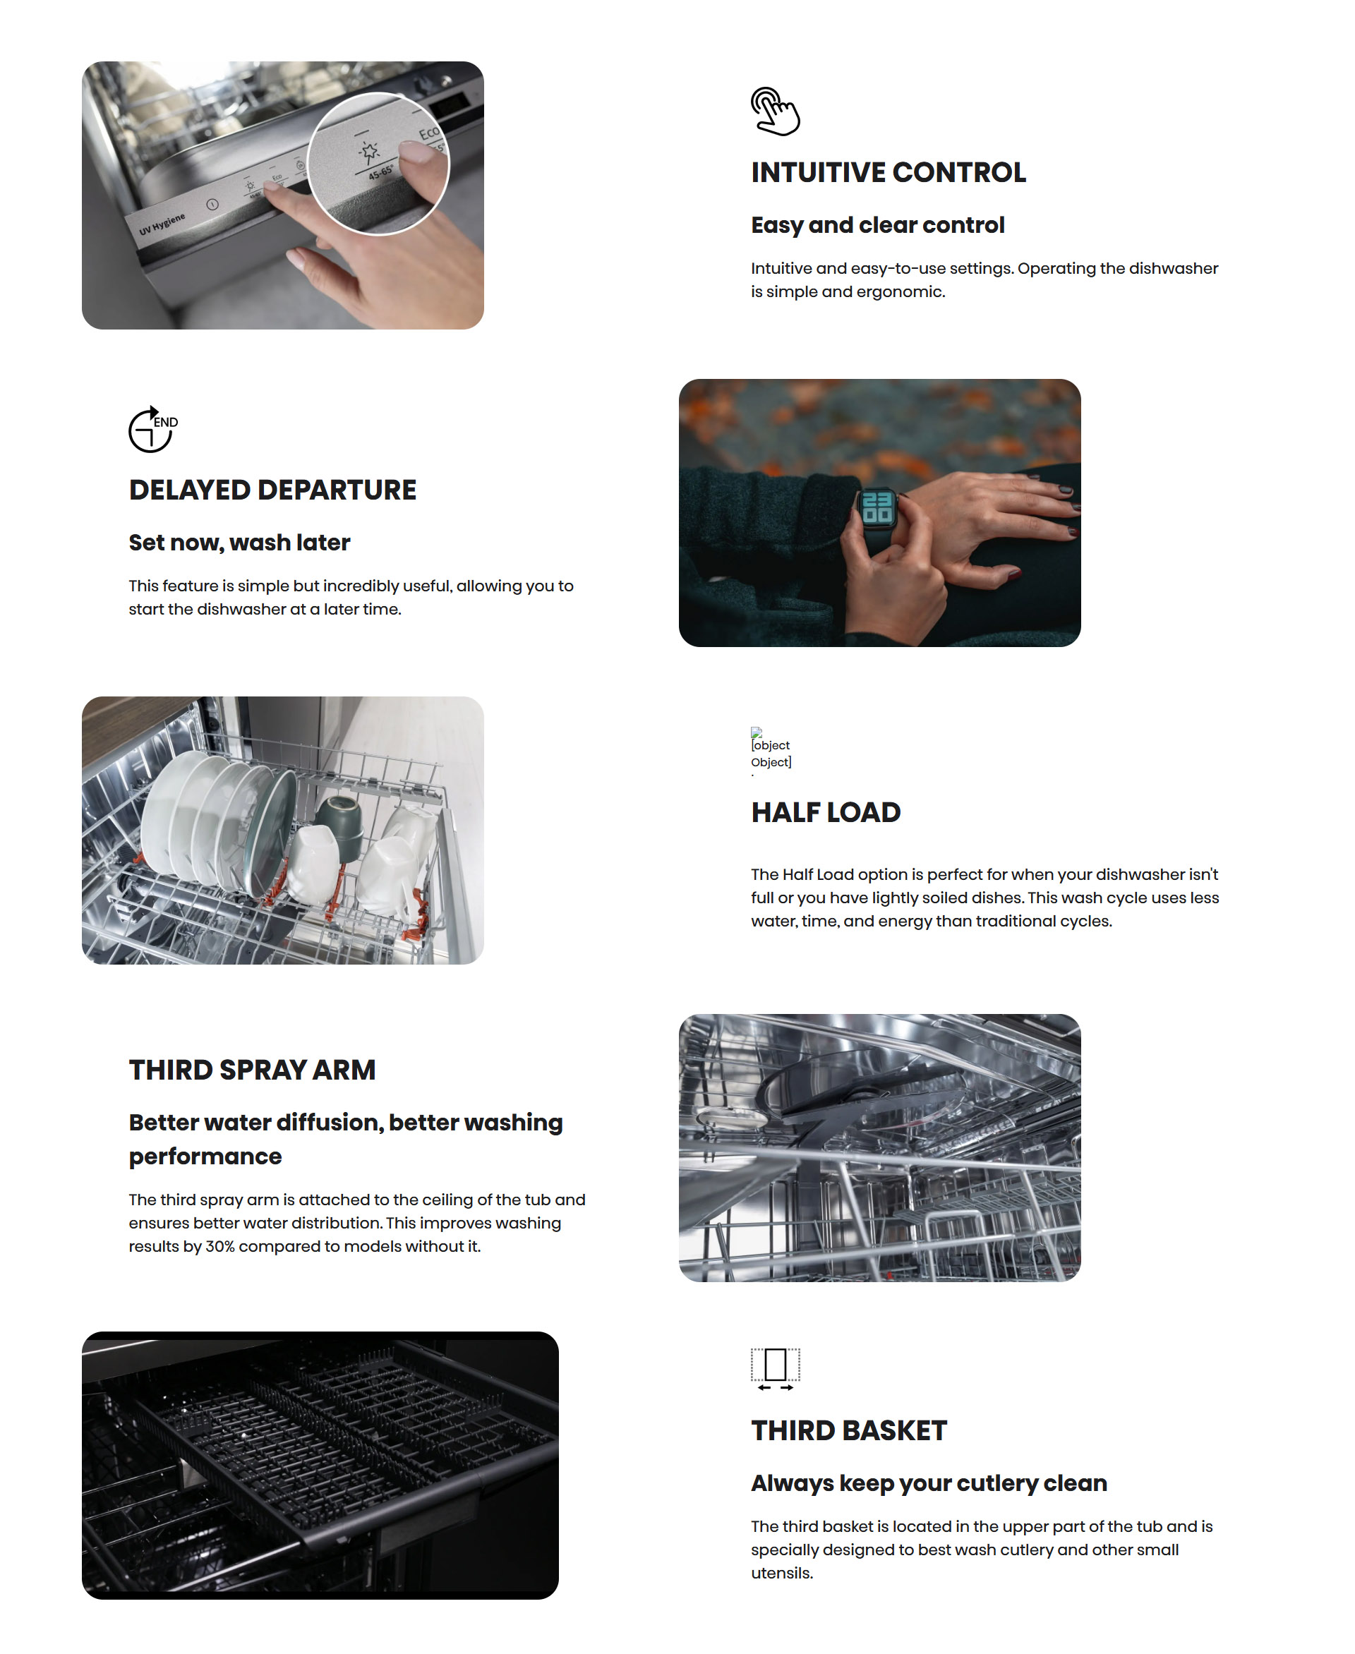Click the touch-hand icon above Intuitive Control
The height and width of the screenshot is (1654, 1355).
click(774, 111)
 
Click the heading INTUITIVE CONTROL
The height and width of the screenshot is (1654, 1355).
click(889, 172)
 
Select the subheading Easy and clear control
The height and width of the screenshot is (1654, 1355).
click(877, 225)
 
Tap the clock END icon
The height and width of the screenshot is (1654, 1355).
click(153, 428)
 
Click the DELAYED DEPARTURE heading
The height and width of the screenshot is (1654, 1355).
click(272, 490)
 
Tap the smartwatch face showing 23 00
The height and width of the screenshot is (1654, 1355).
click(877, 507)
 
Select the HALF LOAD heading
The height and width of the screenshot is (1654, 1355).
click(826, 813)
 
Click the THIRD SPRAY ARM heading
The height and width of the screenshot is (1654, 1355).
click(252, 1070)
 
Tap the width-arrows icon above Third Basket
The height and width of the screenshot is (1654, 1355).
click(775, 1369)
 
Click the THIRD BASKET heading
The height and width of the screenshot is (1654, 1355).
click(848, 1431)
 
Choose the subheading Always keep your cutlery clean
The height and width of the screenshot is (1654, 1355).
click(929, 1483)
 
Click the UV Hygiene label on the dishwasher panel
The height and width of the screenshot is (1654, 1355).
click(162, 224)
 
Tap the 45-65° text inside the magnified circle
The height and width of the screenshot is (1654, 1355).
click(381, 172)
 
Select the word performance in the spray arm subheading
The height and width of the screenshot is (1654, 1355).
click(205, 1157)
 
